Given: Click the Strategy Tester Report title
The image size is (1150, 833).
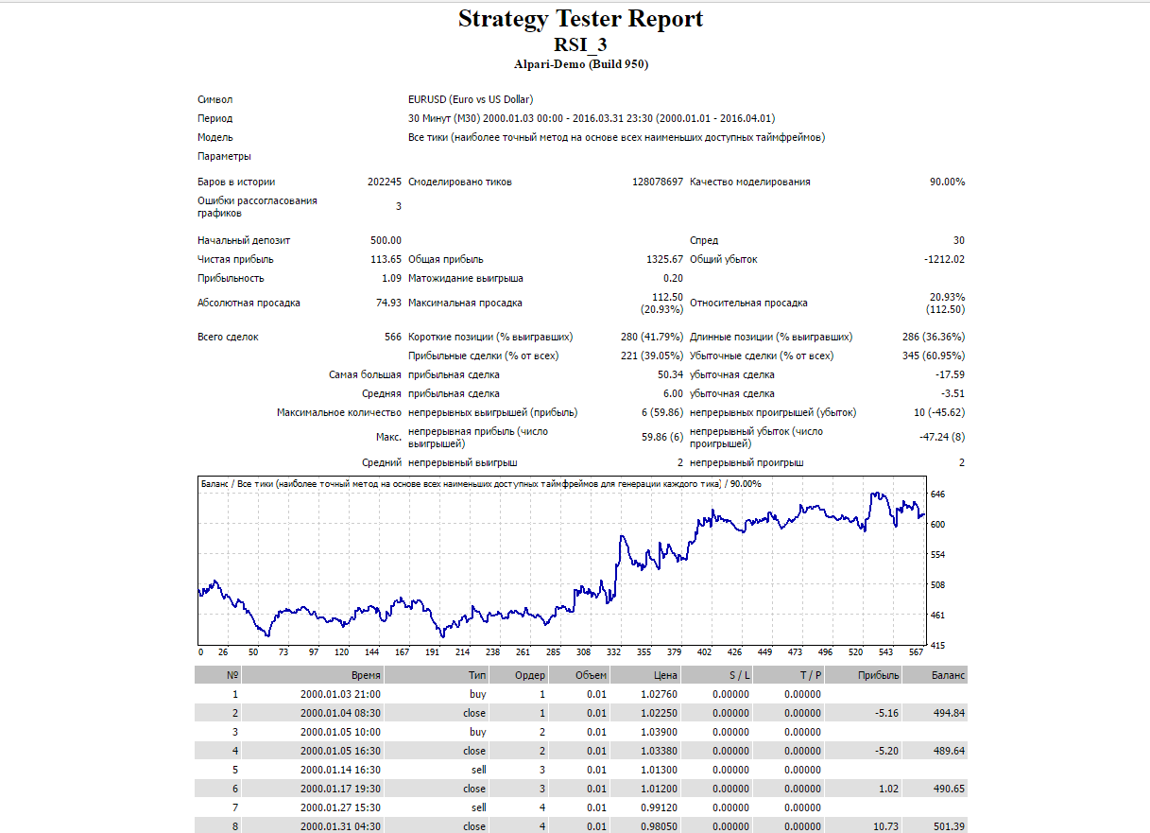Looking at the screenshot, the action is click(580, 19).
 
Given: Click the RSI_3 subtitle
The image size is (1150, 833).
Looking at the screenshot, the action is click(580, 44).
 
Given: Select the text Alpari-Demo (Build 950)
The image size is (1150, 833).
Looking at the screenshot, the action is click(581, 64).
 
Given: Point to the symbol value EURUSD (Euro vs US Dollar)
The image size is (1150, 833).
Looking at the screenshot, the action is click(471, 99).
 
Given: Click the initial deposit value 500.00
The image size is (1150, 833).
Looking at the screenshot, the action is click(386, 240).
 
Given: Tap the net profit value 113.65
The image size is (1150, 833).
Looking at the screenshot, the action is click(386, 259).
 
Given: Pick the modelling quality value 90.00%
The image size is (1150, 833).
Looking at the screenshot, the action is click(947, 182).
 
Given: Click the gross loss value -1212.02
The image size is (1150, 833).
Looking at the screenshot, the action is click(944, 259).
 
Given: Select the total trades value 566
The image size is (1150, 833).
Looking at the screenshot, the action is click(393, 337).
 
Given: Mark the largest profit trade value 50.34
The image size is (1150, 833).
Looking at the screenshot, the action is click(670, 375).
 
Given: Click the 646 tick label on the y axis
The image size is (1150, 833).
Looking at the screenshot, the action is click(937, 495).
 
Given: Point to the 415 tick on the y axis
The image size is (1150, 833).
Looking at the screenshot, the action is click(937, 645).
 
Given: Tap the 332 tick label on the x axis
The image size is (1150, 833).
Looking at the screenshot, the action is click(613, 652).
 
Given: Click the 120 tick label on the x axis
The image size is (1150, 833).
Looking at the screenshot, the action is click(341, 652).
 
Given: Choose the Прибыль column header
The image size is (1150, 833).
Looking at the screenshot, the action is click(879, 675).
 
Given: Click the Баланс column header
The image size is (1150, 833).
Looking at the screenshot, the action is click(948, 675).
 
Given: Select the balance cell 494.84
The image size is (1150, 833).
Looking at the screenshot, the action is click(949, 713).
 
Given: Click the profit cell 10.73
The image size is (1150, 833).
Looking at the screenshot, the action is click(885, 826).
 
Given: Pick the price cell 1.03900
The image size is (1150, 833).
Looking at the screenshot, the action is click(659, 733).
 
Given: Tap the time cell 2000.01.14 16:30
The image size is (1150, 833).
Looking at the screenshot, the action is click(340, 770).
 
